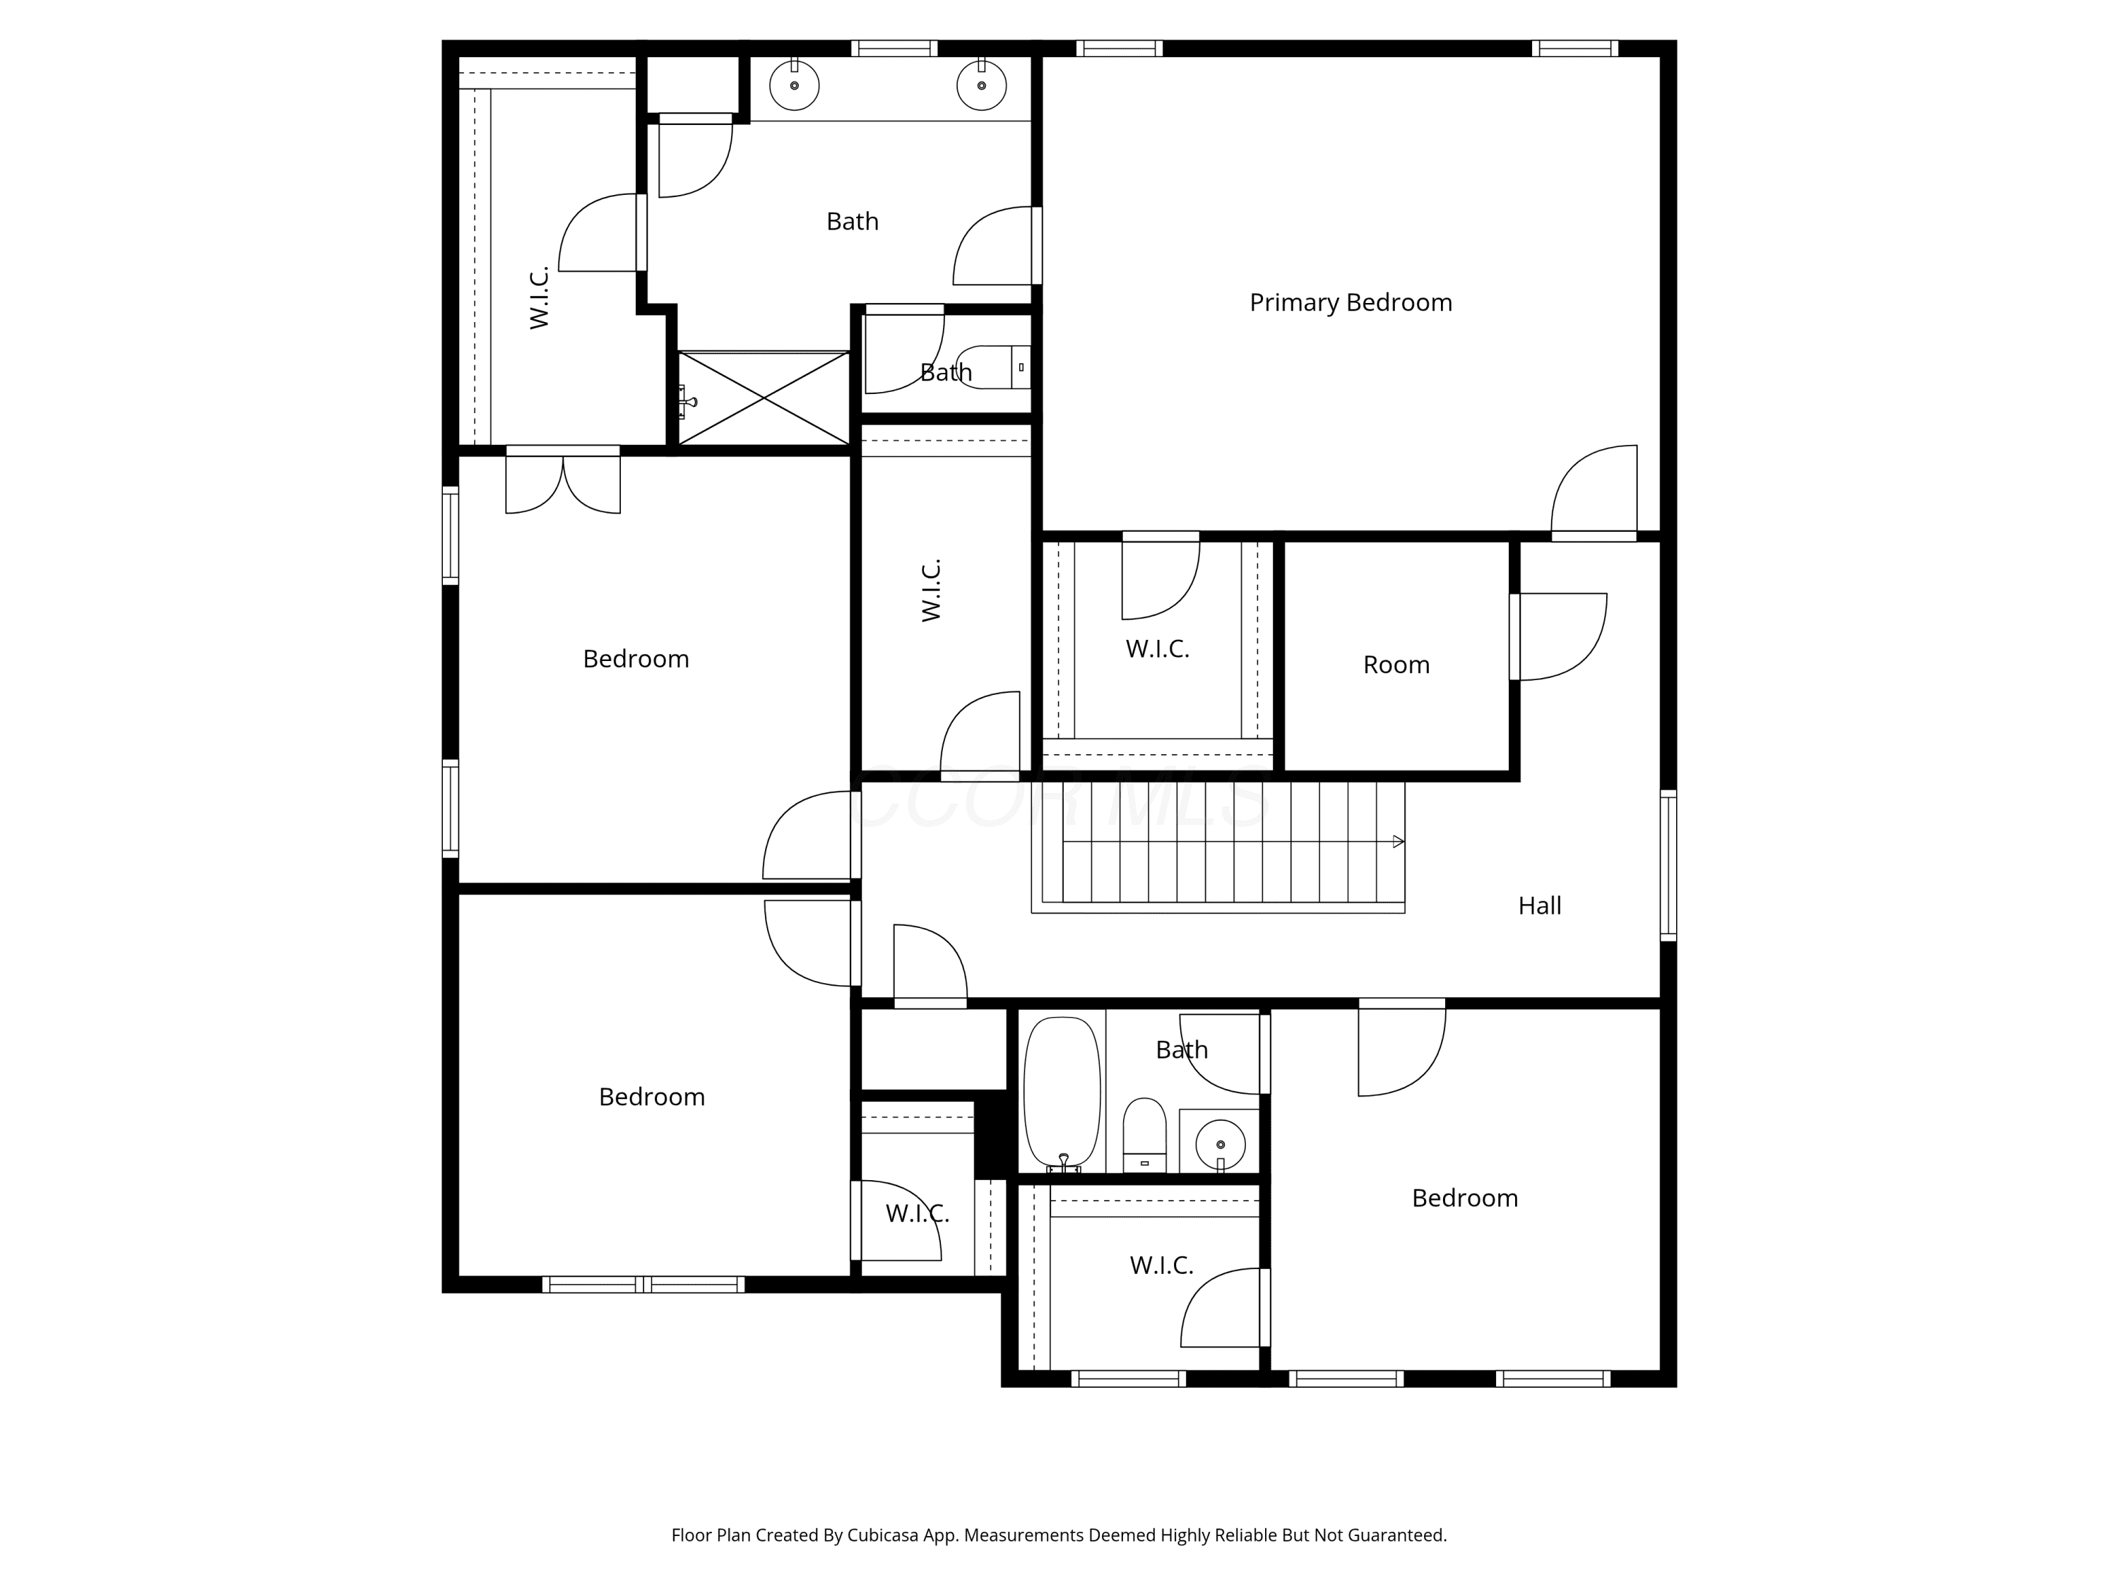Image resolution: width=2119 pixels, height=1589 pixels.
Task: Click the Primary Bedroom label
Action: coord(1351,303)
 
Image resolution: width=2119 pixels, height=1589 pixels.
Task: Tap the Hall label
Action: coord(1539,905)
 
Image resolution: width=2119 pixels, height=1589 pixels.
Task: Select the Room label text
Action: coord(1396,665)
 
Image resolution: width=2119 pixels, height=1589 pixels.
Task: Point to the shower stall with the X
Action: coord(764,398)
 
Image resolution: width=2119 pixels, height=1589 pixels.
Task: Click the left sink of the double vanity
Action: coord(794,84)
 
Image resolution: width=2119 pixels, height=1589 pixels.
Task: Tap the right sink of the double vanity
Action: coord(982,84)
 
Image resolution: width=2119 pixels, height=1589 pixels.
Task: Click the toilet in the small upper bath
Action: coord(993,367)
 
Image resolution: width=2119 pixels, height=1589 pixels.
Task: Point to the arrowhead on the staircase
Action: coord(1399,842)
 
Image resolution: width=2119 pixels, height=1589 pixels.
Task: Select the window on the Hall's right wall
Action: coord(1668,866)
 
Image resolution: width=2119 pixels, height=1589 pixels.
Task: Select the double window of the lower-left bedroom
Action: coord(643,1285)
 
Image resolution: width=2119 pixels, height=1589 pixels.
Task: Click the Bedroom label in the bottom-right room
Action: coord(1465,1198)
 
